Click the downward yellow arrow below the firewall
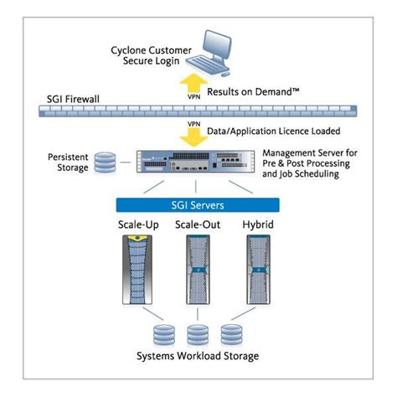194,132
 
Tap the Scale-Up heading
139,227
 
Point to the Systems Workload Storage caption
198,357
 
